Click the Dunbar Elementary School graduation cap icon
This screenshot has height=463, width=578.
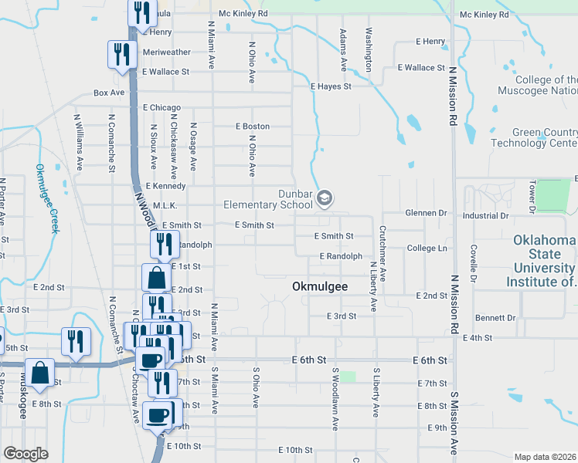pos(325,199)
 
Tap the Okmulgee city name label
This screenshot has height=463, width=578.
pos(319,286)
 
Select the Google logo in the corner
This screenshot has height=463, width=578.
pos(25,454)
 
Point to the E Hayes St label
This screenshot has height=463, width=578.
pos(331,86)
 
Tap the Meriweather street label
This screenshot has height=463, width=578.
pos(166,52)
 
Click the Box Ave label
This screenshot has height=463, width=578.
pos(109,93)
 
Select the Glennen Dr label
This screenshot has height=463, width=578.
pos(427,213)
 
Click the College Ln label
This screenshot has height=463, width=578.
pos(427,248)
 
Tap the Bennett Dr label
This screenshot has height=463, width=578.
pos(495,317)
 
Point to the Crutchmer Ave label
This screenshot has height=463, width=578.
pos(382,253)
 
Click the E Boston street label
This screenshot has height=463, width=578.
pos(253,127)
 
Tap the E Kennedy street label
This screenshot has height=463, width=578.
pos(165,186)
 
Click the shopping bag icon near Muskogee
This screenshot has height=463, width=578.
pos(38,373)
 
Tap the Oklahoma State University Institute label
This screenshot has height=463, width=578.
pos(543,261)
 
